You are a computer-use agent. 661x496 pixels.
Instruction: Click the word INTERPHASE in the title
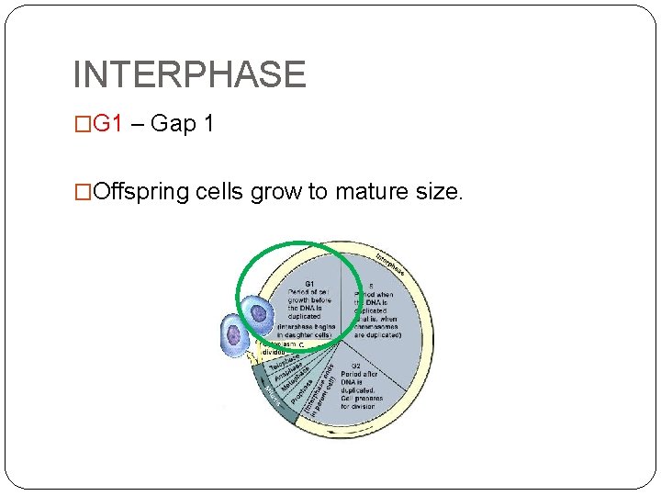(188, 74)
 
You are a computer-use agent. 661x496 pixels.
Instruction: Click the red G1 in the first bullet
(107, 124)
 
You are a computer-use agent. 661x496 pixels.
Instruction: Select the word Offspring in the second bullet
(141, 192)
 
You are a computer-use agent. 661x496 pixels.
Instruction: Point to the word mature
(375, 192)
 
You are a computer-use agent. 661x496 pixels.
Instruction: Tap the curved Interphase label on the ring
(391, 263)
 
